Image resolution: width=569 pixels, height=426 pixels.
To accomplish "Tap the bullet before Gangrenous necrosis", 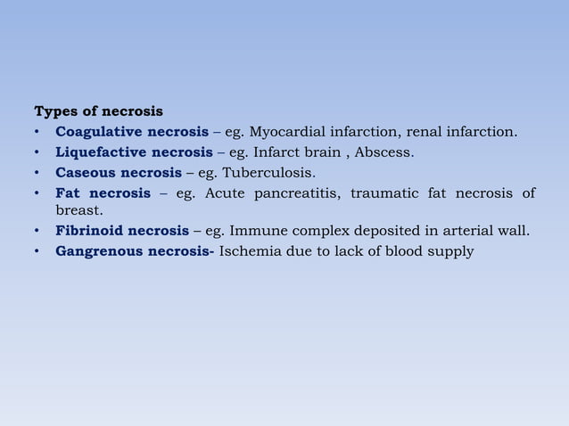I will (x=37, y=251).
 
